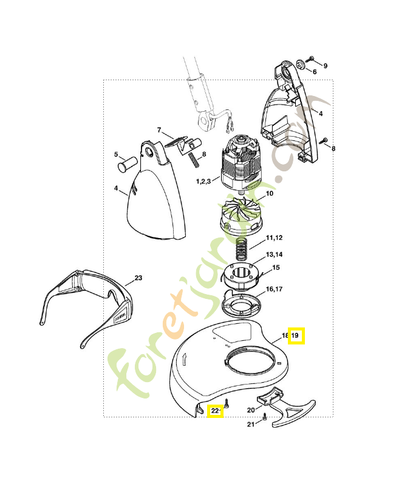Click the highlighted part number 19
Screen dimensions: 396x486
tap(295, 335)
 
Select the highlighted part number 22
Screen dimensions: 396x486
tap(215, 411)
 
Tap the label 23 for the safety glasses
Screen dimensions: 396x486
tap(138, 278)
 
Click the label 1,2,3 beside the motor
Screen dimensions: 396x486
tap(203, 181)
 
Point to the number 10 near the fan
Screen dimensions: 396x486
tap(270, 193)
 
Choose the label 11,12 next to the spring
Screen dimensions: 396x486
tap(275, 238)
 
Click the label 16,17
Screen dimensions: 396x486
tap(275, 289)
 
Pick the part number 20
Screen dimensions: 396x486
tap(251, 410)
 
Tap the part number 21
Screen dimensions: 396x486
tap(251, 424)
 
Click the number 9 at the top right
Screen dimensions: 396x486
tap(326, 66)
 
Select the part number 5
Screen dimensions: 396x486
tap(116, 154)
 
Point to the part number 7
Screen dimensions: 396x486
tap(159, 130)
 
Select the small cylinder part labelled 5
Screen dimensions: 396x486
tap(128, 163)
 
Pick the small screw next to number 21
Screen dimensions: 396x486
tap(265, 417)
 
